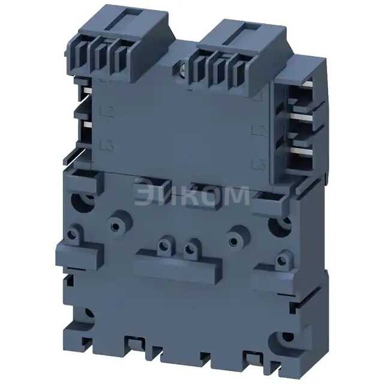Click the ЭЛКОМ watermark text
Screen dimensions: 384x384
click(191, 195)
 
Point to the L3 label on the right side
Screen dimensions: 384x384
click(259, 163)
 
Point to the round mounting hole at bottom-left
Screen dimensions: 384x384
click(89, 313)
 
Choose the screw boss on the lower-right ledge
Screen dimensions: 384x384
click(281, 260)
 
